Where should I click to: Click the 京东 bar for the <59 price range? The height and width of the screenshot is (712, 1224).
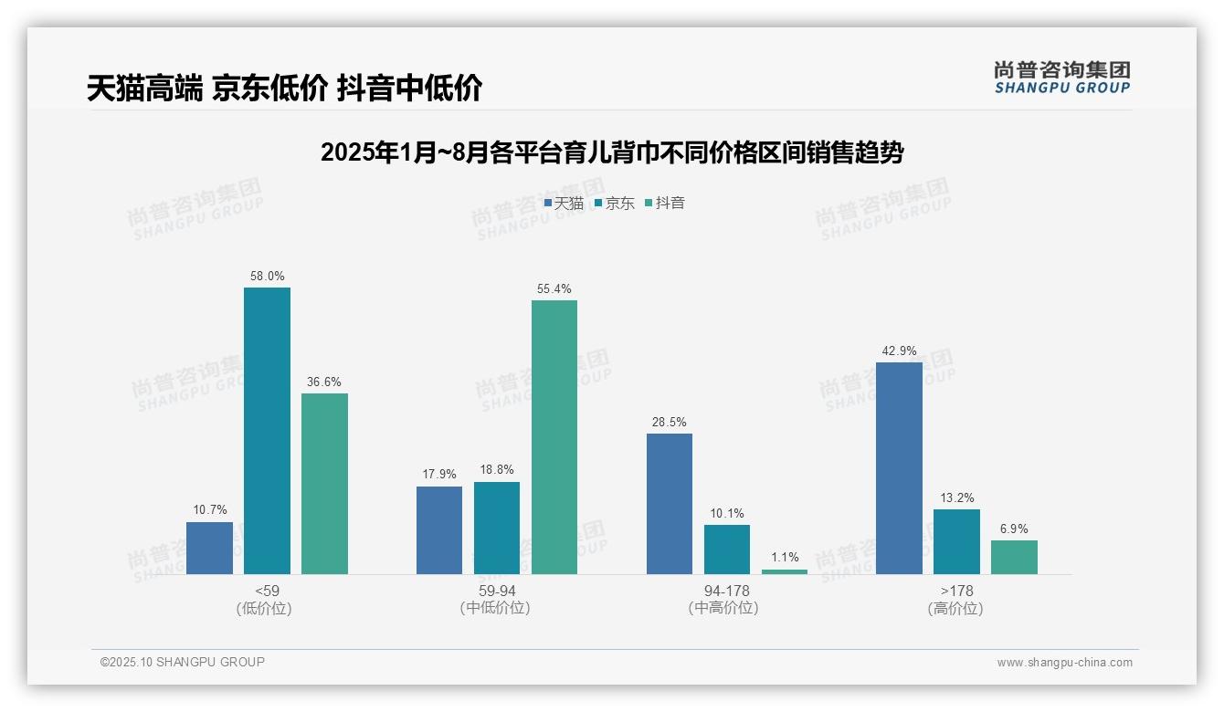pos(267,430)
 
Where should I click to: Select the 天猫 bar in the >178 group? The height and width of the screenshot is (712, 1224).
pos(899,467)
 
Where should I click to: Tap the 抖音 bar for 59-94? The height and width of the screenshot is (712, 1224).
pos(554,436)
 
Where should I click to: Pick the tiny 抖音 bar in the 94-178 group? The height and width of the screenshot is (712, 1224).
pos(785,571)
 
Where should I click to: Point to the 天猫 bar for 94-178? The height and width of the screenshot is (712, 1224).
pos(670,503)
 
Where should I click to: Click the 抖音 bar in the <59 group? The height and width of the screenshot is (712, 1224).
pos(324,483)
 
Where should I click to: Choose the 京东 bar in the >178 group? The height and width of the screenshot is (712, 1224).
pos(956,541)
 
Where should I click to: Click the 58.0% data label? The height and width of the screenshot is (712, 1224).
pos(267,276)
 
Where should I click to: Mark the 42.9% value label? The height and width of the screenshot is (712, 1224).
pos(899,351)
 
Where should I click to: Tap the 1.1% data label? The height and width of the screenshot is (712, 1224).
pos(785,557)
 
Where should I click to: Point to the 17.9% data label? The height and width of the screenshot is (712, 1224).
pos(439,475)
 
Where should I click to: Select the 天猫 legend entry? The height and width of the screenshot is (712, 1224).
pos(564,204)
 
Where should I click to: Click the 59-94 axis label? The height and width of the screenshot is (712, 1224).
pos(497,592)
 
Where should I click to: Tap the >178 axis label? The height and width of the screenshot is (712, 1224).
pos(956,592)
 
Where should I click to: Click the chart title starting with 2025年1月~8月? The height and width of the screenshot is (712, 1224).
pos(611,153)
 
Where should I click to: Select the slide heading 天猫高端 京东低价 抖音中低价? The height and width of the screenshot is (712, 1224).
pos(284,89)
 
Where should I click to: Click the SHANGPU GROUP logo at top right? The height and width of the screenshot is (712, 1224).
pos(1061,78)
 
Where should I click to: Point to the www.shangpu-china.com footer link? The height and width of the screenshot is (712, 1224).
pos(1064,663)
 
